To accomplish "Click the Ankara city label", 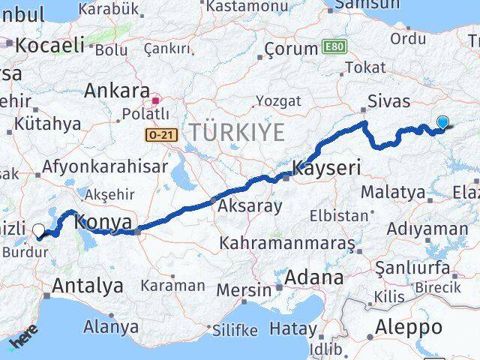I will coord(116,91).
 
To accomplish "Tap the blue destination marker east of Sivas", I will coord(442,123).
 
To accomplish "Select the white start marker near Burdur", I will coord(38,229).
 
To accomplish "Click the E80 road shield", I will coord(334,47).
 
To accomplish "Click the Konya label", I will coord(104,222).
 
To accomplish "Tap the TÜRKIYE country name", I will coord(237,133).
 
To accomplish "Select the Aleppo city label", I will coord(409,327).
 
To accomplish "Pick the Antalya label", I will coord(88,285).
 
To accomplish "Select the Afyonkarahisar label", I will coord(106,166).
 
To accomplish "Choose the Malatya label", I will coord(392,192).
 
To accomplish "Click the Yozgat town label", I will coord(278,100).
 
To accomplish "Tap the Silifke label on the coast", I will coord(234,329).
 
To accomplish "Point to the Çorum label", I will coord(291,49).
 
